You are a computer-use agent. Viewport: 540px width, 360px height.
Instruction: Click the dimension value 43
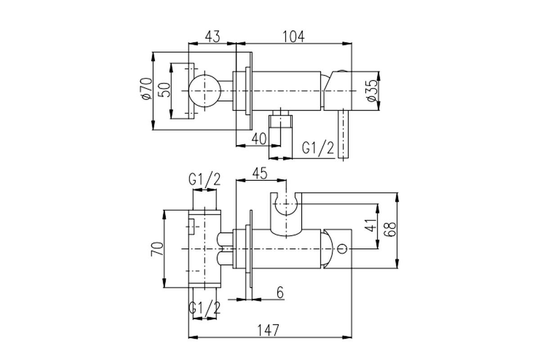212,36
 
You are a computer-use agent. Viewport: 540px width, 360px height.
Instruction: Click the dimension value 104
293,36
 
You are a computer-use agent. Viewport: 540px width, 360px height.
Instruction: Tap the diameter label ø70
146,89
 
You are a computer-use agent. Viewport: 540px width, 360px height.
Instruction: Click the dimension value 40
259,139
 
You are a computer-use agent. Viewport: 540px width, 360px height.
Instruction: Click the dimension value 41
370,225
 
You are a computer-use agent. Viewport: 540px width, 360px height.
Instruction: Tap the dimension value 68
391,229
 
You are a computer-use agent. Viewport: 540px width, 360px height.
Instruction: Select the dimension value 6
280,293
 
